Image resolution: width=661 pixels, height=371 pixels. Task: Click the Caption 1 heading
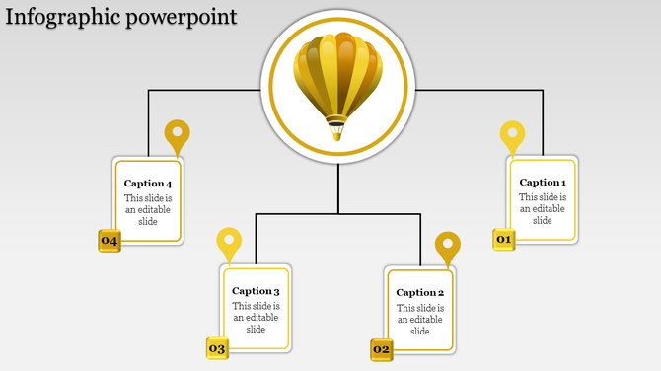(x=543, y=183)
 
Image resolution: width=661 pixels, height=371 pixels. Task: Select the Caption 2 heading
(x=420, y=293)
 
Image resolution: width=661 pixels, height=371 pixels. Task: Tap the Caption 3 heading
(x=256, y=291)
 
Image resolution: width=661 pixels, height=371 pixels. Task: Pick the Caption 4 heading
(x=148, y=184)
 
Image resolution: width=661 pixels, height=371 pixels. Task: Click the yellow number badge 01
(x=504, y=240)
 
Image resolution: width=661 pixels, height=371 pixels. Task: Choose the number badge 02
(x=382, y=349)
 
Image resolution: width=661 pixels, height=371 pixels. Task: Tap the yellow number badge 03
(x=217, y=348)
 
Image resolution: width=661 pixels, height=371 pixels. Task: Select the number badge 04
(x=109, y=241)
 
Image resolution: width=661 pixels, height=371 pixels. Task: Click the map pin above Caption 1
(x=512, y=135)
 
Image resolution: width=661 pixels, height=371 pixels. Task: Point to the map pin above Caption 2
(x=448, y=246)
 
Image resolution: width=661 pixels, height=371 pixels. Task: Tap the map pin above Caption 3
(x=229, y=242)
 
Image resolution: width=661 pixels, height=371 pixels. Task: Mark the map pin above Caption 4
(x=177, y=134)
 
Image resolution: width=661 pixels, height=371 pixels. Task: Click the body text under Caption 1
(x=543, y=208)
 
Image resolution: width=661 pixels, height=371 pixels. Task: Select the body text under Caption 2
(x=420, y=319)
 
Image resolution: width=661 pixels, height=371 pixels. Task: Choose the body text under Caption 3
(x=256, y=317)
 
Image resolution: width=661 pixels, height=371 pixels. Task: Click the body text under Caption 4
(x=148, y=209)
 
